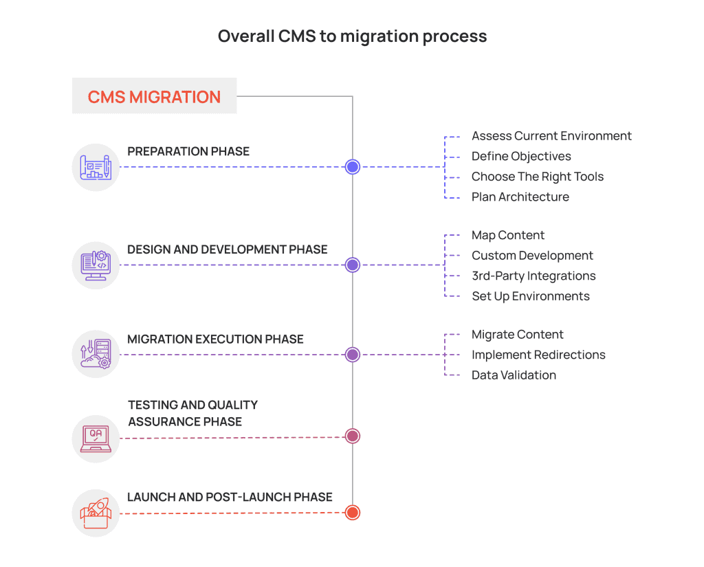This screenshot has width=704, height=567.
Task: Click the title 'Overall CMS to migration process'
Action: [352, 36]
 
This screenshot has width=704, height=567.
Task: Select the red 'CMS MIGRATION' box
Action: [154, 96]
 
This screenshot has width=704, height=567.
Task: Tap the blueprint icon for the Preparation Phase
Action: [96, 167]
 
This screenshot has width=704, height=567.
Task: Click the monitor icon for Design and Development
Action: [96, 265]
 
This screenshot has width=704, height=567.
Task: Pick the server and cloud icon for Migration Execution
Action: [96, 355]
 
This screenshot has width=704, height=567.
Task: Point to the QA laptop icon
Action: [96, 438]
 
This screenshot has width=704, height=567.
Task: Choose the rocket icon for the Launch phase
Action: [96, 513]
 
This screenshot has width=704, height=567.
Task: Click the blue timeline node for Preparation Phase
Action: [353, 167]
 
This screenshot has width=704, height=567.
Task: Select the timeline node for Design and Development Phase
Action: [353, 265]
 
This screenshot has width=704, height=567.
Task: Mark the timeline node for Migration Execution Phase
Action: [353, 355]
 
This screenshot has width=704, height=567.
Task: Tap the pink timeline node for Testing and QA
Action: [353, 436]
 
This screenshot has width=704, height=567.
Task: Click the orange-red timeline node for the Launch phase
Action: [353, 513]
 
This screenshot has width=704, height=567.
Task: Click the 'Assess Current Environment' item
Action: [551, 136]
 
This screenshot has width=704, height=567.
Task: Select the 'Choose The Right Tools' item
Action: [537, 177]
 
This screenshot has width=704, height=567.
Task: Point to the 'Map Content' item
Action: [507, 235]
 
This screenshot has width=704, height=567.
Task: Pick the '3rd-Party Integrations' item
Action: [533, 276]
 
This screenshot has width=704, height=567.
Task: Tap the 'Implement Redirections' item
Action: [538, 355]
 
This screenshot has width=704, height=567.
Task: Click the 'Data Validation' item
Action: [514, 375]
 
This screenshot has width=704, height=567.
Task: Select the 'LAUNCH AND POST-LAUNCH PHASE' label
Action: [230, 497]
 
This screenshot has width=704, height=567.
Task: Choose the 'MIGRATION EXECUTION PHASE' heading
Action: [215, 339]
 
